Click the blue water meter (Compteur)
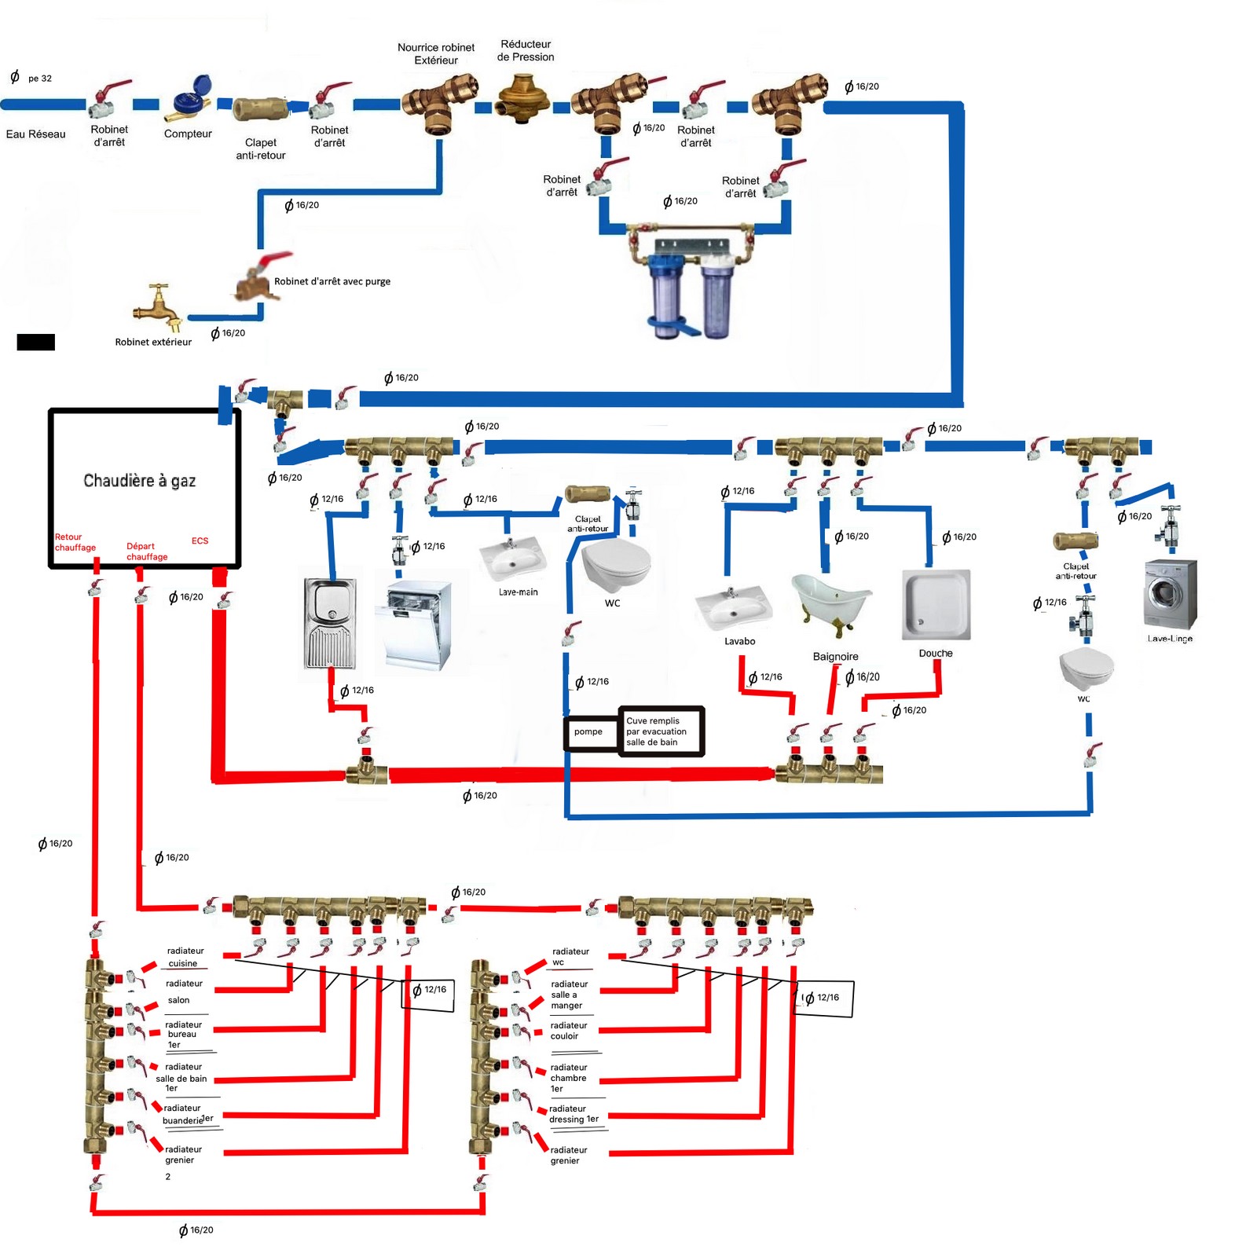tap(192, 98)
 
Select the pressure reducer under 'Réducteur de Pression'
tap(524, 97)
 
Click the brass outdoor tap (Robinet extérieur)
tap(159, 307)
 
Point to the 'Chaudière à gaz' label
tap(139, 481)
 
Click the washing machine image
tap(1171, 594)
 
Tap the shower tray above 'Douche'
tap(936, 604)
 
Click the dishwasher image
tap(419, 625)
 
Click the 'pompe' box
tap(588, 732)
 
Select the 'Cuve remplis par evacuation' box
tap(660, 731)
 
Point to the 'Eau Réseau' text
tap(35, 134)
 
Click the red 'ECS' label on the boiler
tap(200, 541)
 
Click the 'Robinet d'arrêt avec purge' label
tap(332, 281)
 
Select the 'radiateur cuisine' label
tap(185, 957)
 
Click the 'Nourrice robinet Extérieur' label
tap(436, 53)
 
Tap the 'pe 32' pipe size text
tap(39, 79)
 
